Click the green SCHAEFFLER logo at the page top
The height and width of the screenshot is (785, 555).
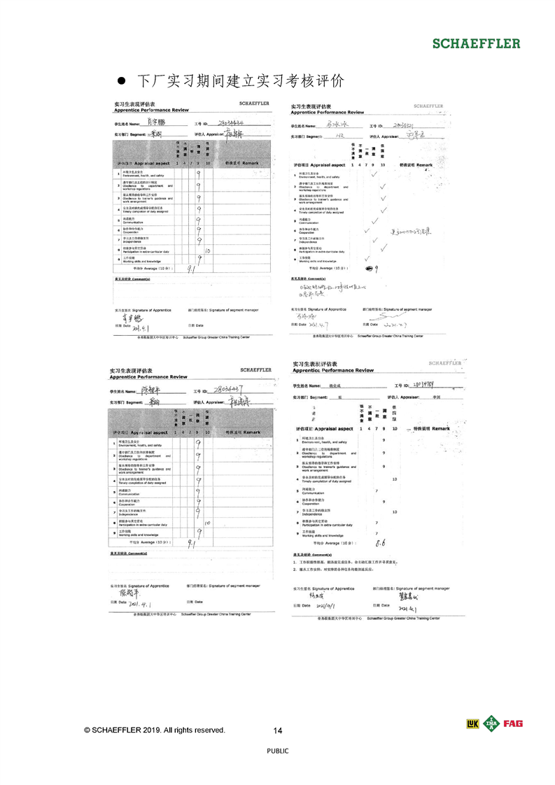(x=476, y=43)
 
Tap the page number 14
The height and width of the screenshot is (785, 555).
(x=278, y=731)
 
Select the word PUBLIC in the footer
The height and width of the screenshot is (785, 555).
(x=278, y=751)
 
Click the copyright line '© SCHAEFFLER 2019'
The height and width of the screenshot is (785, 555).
(x=155, y=730)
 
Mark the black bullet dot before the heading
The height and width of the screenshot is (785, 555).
(x=120, y=80)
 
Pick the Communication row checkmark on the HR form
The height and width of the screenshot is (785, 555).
(x=375, y=220)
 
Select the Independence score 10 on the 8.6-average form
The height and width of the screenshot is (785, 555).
(x=395, y=512)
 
